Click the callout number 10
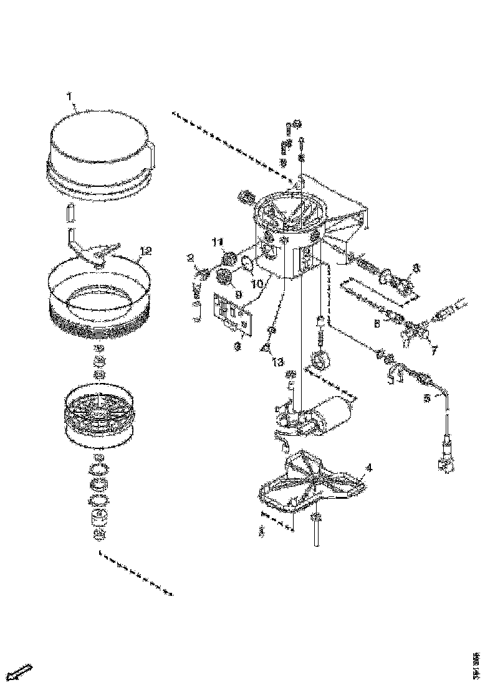[x=257, y=282]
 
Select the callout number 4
[x=370, y=466]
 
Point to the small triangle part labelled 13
[x=266, y=348]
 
